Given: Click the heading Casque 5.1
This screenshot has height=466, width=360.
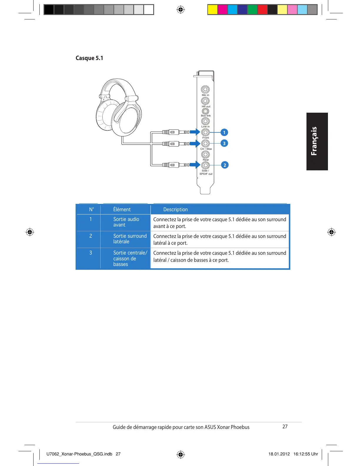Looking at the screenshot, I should click(89, 58).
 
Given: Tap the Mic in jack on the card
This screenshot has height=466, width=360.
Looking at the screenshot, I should click(205, 89).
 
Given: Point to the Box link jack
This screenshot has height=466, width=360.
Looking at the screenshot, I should click(205, 111).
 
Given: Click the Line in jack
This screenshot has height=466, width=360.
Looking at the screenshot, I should click(205, 121).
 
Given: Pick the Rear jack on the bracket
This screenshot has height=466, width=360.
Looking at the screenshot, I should click(205, 154).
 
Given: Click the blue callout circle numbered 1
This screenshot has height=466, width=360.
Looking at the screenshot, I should click(224, 132).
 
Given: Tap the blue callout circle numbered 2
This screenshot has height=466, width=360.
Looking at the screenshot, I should click(225, 165).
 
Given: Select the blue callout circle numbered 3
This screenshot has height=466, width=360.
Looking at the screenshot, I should click(224, 143).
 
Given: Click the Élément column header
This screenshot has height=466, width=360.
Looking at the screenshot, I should click(122, 209).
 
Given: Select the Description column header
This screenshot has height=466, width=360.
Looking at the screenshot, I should click(175, 209).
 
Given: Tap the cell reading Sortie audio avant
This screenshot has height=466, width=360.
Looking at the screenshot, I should click(126, 222).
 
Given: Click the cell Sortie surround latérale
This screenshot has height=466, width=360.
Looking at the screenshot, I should click(130, 239).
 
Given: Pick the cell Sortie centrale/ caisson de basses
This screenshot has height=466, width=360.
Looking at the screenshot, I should click(130, 258).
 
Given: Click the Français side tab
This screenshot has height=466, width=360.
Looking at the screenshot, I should click(317, 141).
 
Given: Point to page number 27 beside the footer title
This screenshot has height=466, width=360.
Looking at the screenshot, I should click(285, 427).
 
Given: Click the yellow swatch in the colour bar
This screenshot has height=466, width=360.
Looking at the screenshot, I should click(213, 10).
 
